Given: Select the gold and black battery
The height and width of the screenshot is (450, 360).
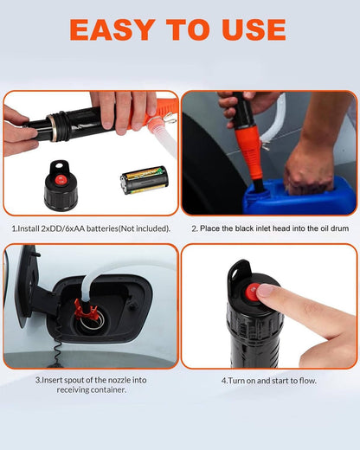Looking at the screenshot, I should tap(143, 180).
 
